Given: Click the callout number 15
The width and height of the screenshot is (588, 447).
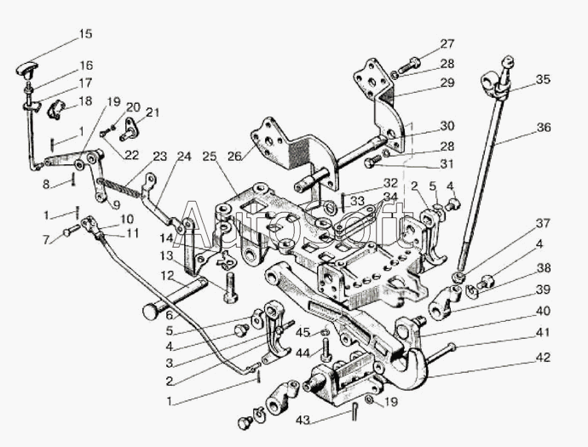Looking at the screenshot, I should pyautogui.click(x=84, y=35).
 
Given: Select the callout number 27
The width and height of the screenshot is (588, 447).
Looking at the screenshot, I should pyautogui.click(x=447, y=43).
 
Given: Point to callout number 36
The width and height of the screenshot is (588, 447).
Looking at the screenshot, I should pyautogui.click(x=544, y=128).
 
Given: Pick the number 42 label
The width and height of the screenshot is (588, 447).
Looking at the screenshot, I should pyautogui.click(x=544, y=358).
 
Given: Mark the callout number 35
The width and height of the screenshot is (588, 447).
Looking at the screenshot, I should pyautogui.click(x=544, y=80).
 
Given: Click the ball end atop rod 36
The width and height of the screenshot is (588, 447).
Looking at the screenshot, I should pyautogui.click(x=508, y=61).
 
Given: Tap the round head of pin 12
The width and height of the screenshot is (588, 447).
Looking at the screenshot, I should pyautogui.click(x=153, y=312).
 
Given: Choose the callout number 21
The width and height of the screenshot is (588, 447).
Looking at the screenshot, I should pyautogui.click(x=153, y=112).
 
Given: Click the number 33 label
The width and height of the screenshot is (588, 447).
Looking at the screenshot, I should pyautogui.click(x=357, y=201).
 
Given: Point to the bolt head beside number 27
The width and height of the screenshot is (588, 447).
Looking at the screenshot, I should pyautogui.click(x=414, y=62).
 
